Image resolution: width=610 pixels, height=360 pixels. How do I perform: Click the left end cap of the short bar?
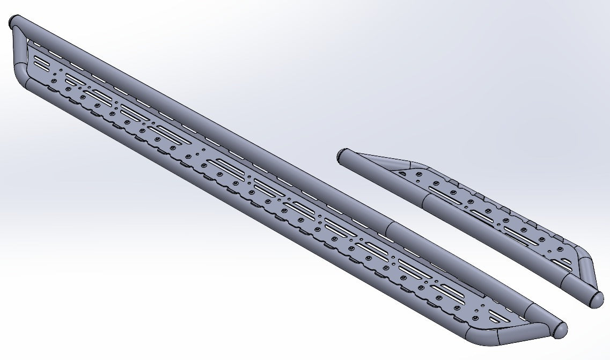[340, 157]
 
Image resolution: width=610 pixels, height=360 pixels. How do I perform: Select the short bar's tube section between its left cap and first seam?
[381, 178]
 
